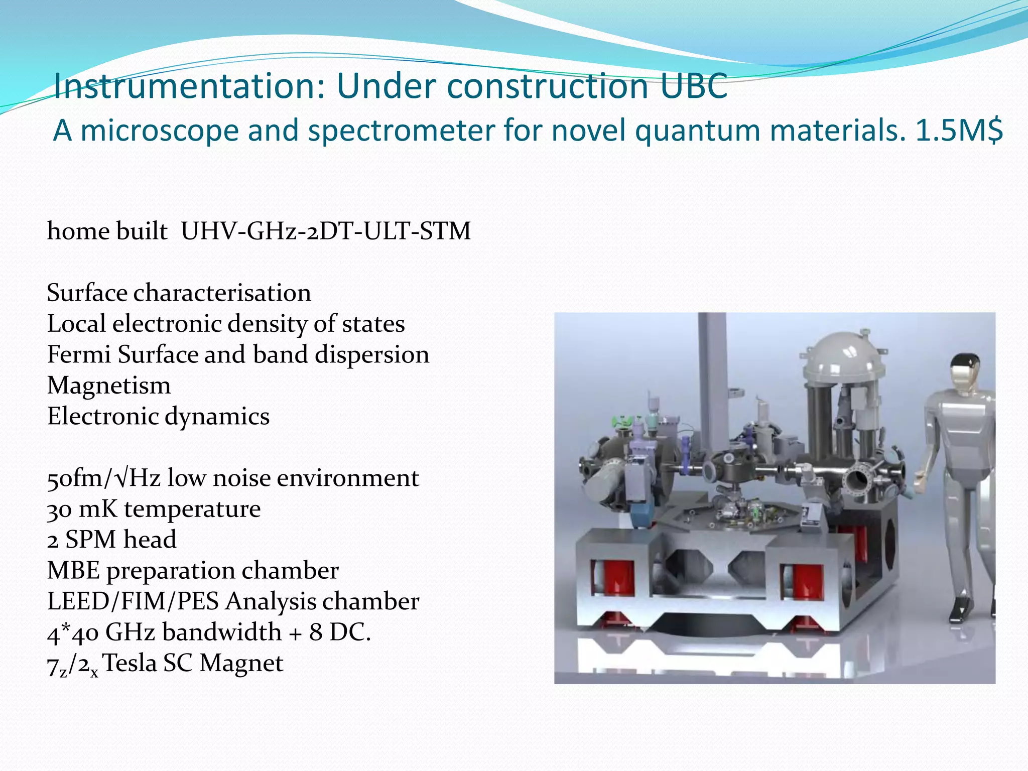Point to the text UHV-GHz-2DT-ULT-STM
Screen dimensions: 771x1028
point(326,231)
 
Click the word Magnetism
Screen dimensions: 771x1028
point(109,386)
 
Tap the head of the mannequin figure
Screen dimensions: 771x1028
point(965,371)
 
